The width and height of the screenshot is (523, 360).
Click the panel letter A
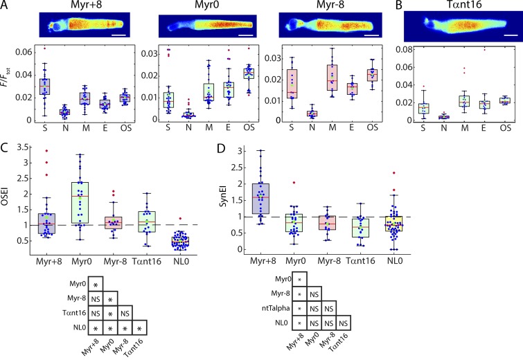coord(6,6)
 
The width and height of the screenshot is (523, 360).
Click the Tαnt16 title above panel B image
coord(460,6)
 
